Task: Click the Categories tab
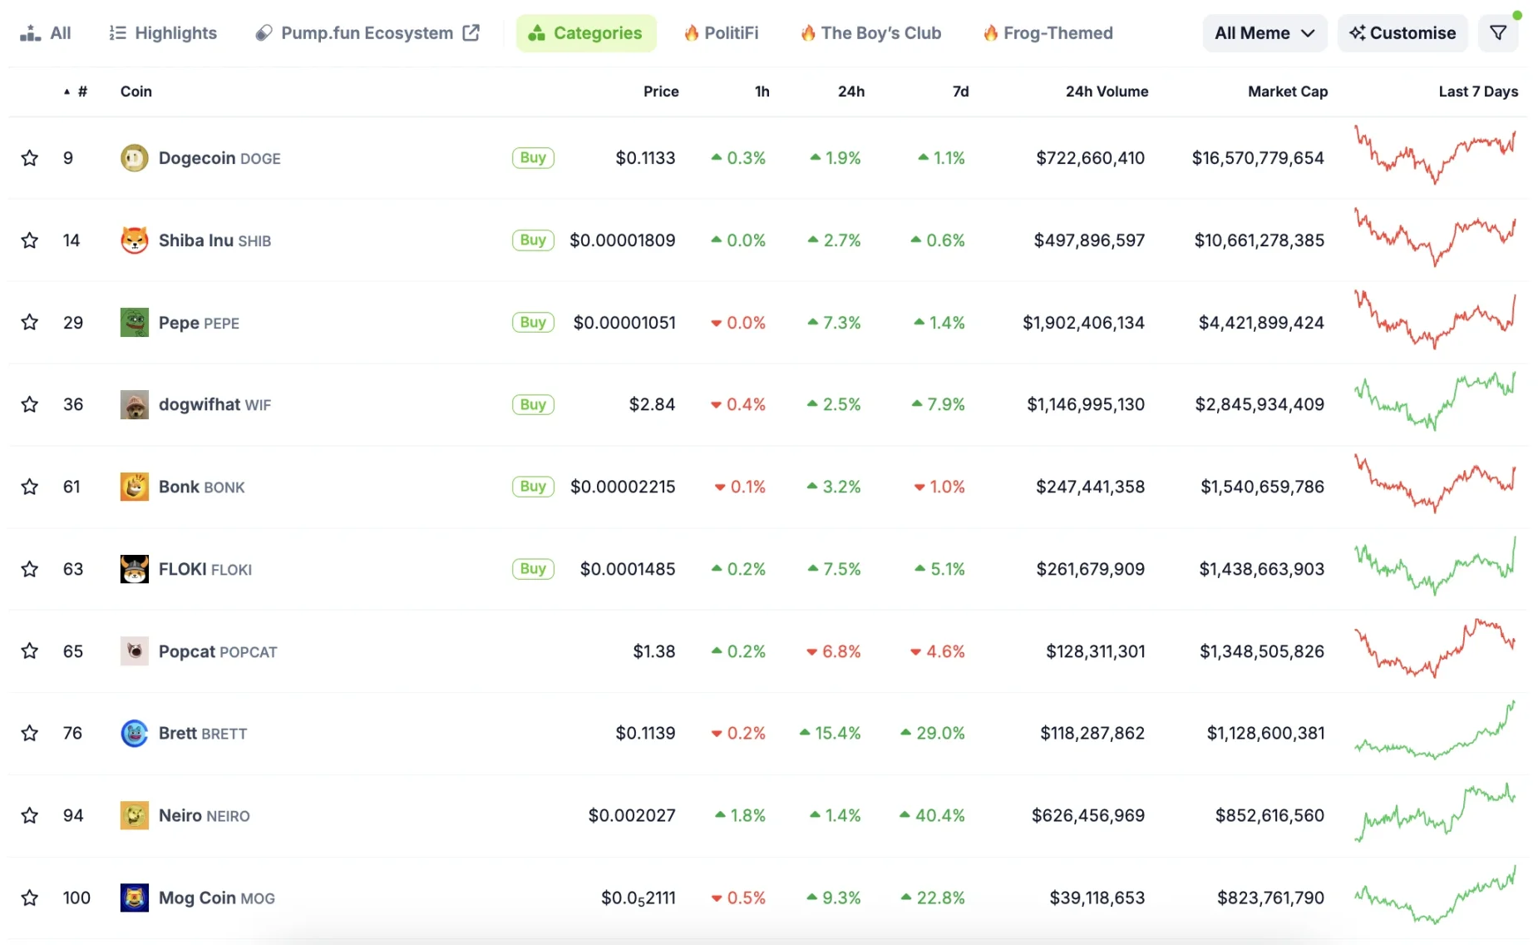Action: (x=586, y=33)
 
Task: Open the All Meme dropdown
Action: (x=1264, y=33)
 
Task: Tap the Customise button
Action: (x=1402, y=33)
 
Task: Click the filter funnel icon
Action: (x=1498, y=33)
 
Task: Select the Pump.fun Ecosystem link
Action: (x=367, y=33)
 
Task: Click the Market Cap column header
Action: (x=1287, y=92)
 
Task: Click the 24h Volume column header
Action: (x=1107, y=92)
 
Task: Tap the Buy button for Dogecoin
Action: (x=533, y=158)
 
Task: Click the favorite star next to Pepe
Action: (x=30, y=322)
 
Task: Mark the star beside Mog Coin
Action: (x=30, y=898)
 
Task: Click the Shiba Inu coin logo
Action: (x=135, y=240)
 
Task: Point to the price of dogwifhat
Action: (x=652, y=404)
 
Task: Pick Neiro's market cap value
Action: (x=1269, y=815)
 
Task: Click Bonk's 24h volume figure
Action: (x=1090, y=487)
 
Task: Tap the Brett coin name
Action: (x=178, y=733)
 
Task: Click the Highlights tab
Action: (x=163, y=33)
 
